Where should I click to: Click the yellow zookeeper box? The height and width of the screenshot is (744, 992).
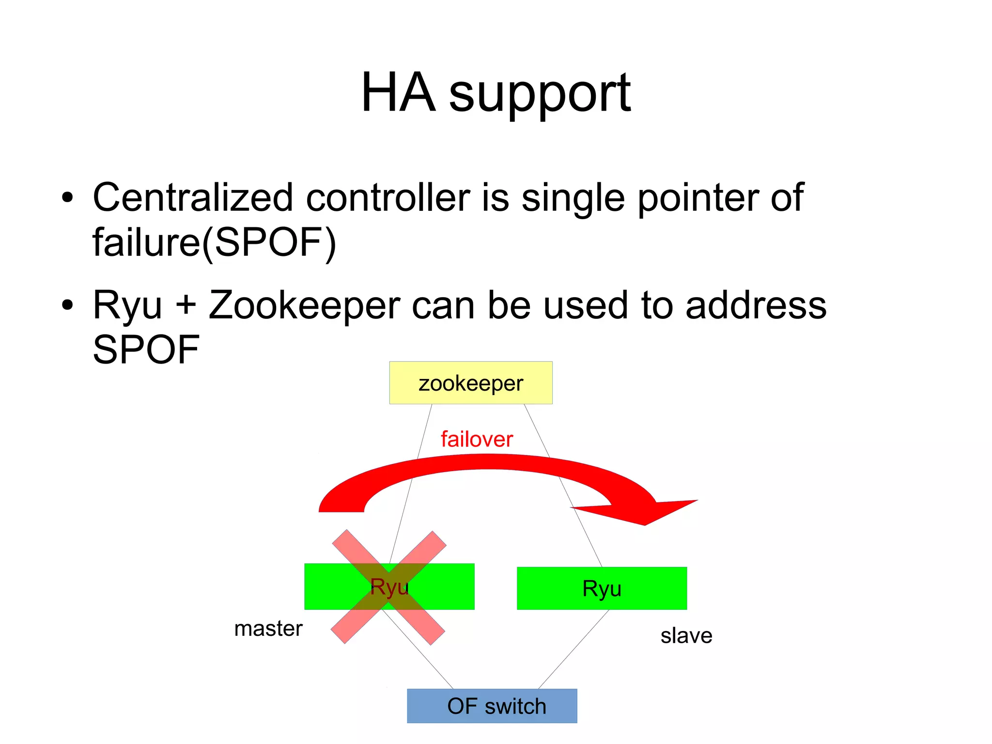tap(470, 382)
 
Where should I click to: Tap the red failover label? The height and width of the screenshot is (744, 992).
tap(476, 439)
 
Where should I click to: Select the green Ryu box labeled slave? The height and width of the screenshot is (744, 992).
tap(602, 588)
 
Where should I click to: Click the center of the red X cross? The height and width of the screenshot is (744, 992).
tap(388, 587)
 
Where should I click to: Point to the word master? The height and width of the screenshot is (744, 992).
tap(268, 629)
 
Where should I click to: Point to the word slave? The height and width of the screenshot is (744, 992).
tap(686, 635)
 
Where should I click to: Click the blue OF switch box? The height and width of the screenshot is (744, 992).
tap(492, 706)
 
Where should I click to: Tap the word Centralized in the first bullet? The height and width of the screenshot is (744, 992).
tap(193, 197)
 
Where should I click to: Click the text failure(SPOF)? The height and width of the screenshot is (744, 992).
tap(214, 242)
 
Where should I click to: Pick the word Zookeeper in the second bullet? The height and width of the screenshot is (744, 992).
tap(304, 305)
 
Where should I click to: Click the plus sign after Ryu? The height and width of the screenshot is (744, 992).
tap(186, 306)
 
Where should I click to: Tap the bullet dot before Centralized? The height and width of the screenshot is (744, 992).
tap(67, 198)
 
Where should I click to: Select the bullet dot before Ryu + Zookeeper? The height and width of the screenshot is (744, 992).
tap(67, 305)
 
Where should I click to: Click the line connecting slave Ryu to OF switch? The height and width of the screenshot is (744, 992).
tap(573, 649)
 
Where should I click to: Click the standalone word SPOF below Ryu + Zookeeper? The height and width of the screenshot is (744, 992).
tap(146, 350)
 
